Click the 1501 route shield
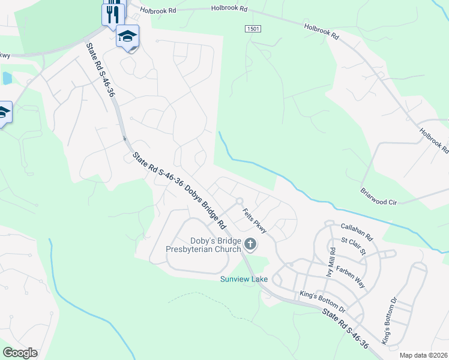click(253, 29)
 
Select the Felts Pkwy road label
click(255, 220)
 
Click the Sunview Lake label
click(244, 279)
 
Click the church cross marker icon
click(250, 244)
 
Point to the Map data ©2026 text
click(423, 355)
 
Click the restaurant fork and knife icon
click(114, 13)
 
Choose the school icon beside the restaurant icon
click(128, 37)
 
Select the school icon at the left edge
click(3, 112)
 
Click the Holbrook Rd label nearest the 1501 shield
click(229, 9)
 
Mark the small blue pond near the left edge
click(7, 78)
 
